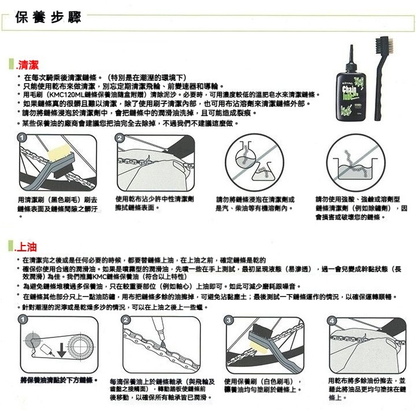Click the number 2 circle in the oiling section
[x=126, y=321]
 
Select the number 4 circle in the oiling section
[x=331, y=321]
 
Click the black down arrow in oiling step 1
[x=62, y=348]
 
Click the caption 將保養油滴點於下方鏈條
[x=57, y=380]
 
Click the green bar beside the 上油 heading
[x=18, y=247]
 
